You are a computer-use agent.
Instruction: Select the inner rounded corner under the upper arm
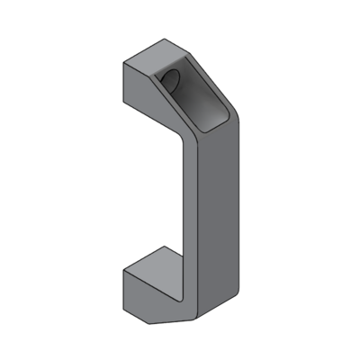tap(180, 137)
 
